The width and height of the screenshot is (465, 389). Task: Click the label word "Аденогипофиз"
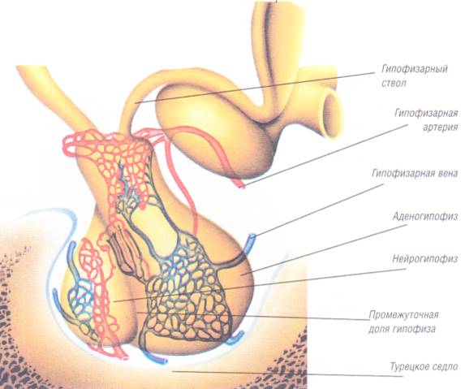coord(425,216)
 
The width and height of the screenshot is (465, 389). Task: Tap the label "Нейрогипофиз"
coord(425,259)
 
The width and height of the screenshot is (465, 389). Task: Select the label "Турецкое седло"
coord(424,367)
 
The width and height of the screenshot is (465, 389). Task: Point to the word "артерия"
coord(441,127)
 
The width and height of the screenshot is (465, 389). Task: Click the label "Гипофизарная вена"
coord(415,173)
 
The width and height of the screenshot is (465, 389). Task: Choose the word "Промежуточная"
coord(403,314)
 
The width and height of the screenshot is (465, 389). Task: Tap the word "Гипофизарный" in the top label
coord(415,70)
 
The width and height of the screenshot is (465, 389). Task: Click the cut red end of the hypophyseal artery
coord(241,185)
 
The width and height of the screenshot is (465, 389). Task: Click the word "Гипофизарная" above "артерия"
coord(426,114)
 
